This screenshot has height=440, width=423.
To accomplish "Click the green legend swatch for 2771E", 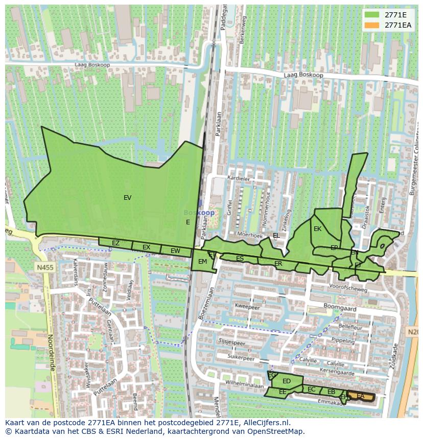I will [372, 15].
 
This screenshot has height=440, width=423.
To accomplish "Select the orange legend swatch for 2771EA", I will [372, 25].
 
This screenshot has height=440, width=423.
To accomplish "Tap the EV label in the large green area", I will [127, 198].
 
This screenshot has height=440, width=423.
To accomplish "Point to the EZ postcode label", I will [115, 243].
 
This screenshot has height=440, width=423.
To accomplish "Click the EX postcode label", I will [146, 248].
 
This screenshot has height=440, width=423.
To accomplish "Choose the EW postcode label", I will [175, 251].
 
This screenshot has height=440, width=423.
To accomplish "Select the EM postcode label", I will [202, 262].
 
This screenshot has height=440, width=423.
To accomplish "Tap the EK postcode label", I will [317, 229].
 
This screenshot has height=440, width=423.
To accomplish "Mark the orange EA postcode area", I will [362, 397].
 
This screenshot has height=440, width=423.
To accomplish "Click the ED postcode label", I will [287, 381].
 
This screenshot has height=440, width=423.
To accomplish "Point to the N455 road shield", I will [44, 267].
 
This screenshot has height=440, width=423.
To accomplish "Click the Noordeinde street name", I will [51, 353].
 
